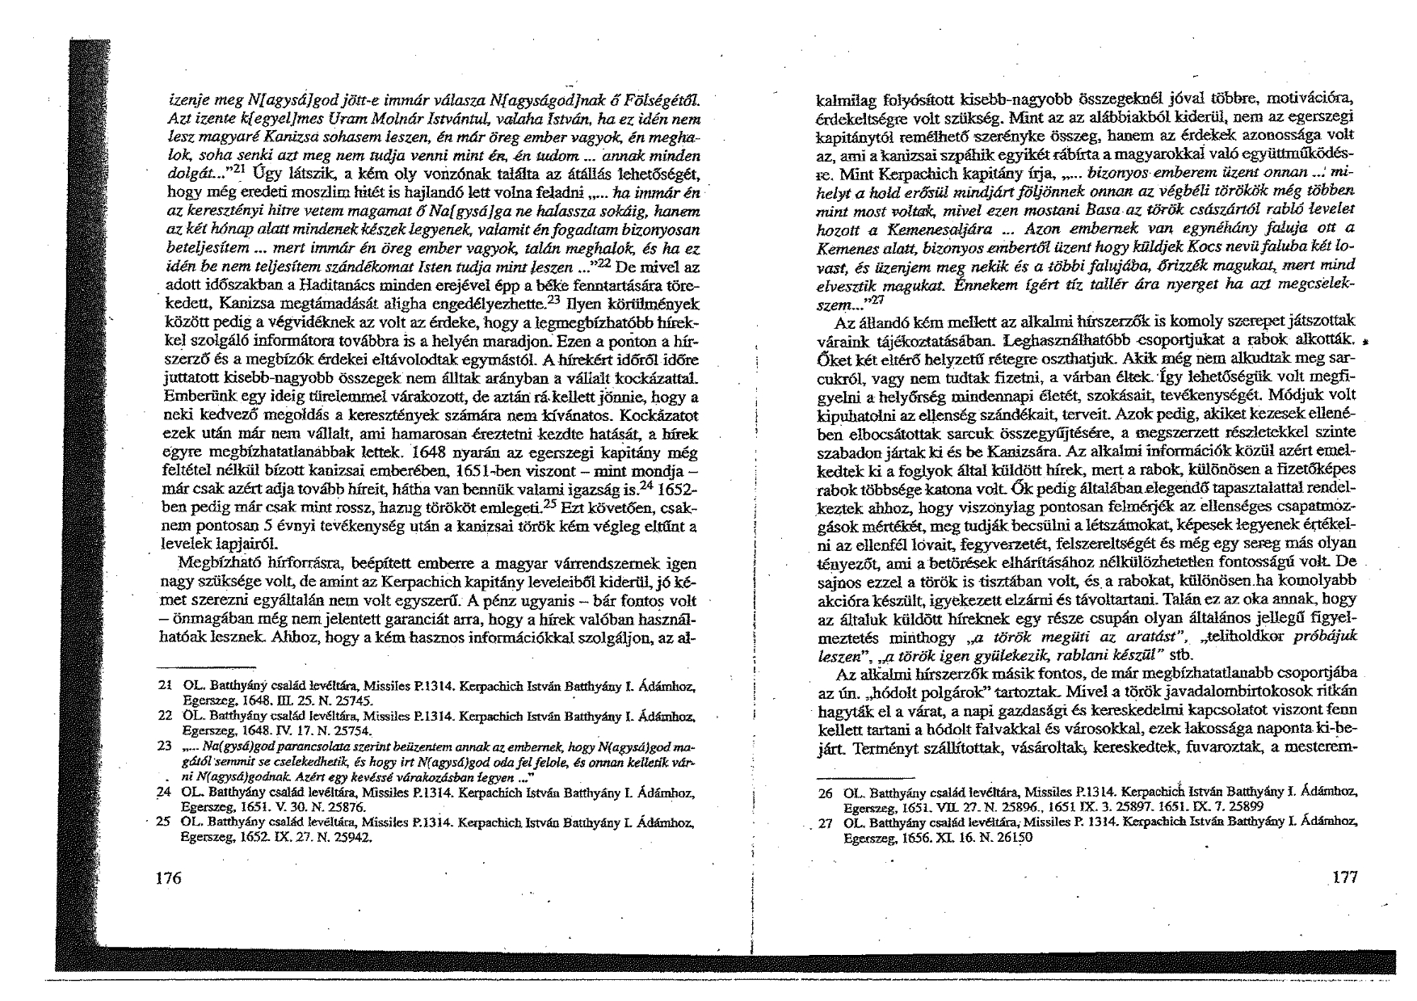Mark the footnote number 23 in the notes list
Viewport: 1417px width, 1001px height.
[x=165, y=747]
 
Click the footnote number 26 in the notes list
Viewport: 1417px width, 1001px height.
[x=825, y=793]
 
